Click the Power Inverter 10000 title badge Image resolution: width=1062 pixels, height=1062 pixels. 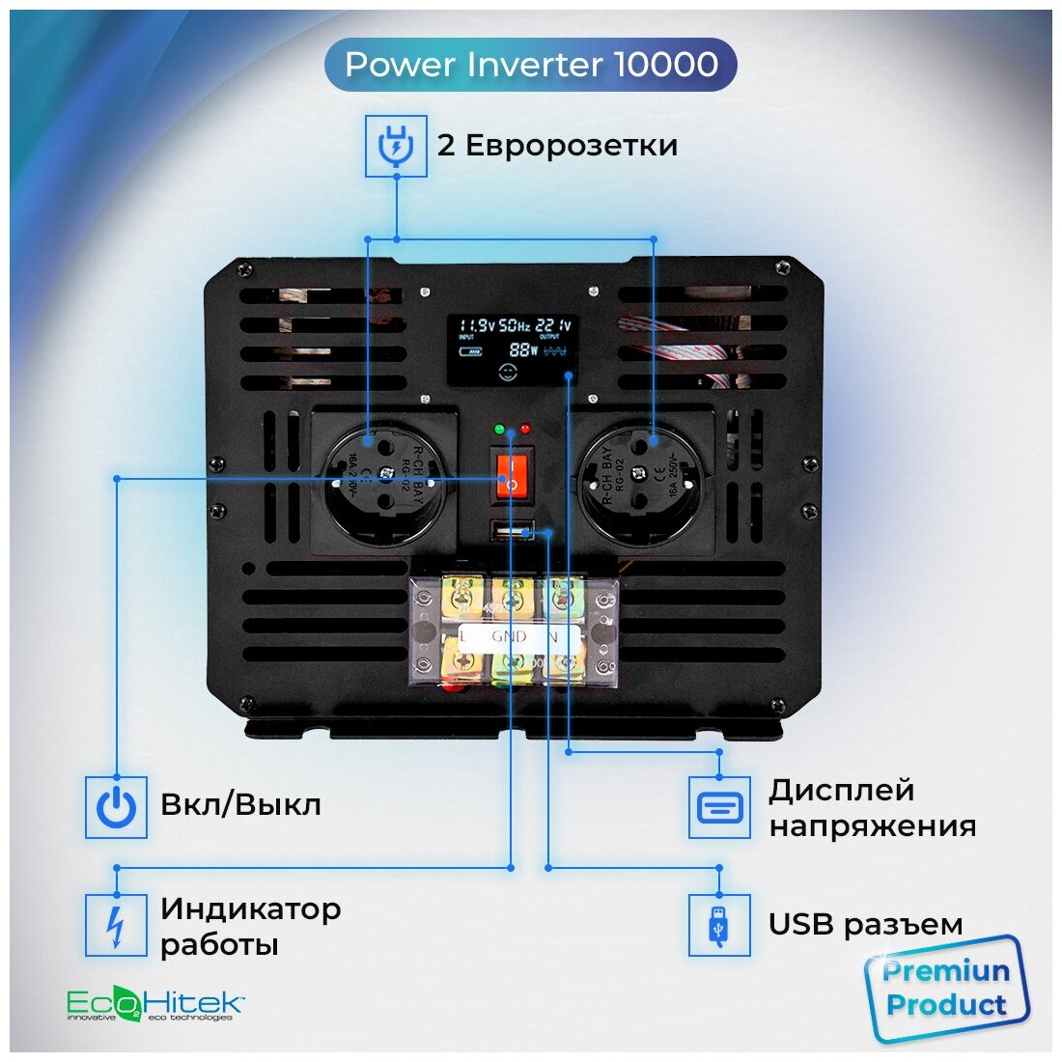[x=531, y=65]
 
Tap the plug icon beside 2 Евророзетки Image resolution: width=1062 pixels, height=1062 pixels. [x=396, y=147]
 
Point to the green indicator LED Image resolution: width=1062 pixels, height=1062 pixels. [x=499, y=428]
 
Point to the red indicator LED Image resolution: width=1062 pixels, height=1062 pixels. [x=525, y=428]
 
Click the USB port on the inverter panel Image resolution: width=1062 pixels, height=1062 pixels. [x=513, y=530]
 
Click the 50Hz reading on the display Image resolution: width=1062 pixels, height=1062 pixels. [x=515, y=326]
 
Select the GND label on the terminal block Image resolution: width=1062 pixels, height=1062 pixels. [x=509, y=636]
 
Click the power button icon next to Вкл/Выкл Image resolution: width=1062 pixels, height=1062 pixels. [x=116, y=806]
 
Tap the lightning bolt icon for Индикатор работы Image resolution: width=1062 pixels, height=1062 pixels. [x=116, y=925]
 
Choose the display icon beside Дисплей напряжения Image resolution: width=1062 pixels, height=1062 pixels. [x=719, y=806]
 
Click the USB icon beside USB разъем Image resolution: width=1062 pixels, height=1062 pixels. [x=719, y=925]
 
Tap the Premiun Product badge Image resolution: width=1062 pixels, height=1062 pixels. [x=946, y=989]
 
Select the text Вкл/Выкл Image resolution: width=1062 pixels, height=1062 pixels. [x=240, y=804]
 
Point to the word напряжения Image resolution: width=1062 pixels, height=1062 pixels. [x=872, y=826]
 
